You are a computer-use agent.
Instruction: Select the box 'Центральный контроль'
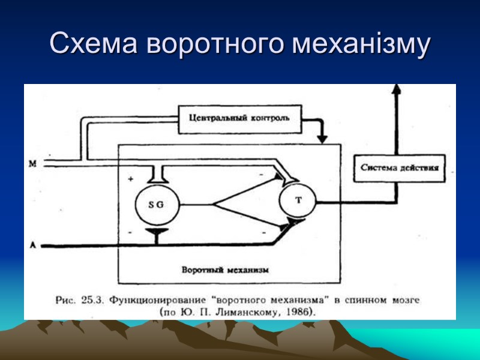[239, 118]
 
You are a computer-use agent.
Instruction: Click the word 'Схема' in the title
[95, 44]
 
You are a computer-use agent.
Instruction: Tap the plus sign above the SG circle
[130, 179]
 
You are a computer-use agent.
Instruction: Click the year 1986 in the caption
[299, 312]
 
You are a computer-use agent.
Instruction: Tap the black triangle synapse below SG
[157, 232]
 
